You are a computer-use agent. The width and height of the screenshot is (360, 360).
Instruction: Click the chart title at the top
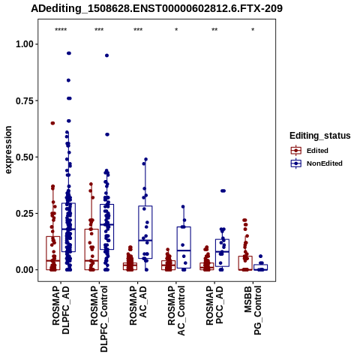pos(157,8)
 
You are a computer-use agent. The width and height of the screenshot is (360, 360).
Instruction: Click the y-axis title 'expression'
pos(8,150)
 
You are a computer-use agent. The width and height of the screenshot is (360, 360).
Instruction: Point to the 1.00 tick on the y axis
pos(25,44)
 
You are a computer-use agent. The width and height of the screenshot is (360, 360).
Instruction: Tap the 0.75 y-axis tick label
pos(25,100)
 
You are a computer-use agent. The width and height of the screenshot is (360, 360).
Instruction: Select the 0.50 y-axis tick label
pos(25,157)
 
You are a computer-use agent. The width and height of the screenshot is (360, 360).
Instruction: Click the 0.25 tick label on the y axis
pos(25,214)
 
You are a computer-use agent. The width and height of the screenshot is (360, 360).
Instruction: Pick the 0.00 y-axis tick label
pos(25,270)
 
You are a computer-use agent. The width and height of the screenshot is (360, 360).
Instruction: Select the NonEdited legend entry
pos(316,163)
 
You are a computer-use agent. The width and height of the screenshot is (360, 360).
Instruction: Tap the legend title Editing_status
pos(320,136)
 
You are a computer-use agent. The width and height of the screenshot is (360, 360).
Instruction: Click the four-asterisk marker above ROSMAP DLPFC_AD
pos(61,30)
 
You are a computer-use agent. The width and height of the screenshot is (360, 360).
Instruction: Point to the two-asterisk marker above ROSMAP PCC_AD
pos(214,30)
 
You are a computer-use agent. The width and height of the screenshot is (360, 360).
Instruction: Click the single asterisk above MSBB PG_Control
pos(253,30)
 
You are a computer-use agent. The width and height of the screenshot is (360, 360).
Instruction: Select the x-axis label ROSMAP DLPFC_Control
pos(99,319)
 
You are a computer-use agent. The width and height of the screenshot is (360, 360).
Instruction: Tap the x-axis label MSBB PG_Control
pos(253,310)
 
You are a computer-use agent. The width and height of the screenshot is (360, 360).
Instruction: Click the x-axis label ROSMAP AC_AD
pos(138,305)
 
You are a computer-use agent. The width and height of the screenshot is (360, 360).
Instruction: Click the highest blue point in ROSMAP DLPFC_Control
pos(106,55)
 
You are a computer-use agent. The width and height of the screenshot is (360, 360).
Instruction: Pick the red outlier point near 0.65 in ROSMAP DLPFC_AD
pos(52,123)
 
